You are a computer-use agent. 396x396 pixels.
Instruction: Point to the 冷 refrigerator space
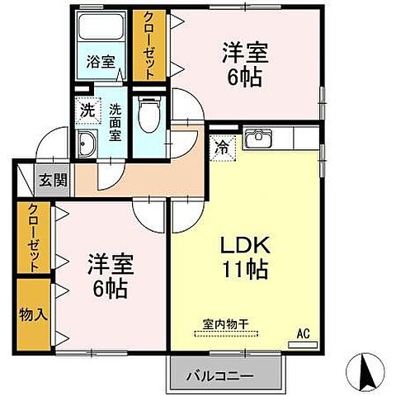pyautogui.click(x=223, y=148)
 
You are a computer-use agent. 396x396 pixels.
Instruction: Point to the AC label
pyautogui.click(x=302, y=334)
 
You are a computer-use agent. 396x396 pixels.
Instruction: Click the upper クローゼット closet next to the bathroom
pyautogui.click(x=149, y=45)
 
